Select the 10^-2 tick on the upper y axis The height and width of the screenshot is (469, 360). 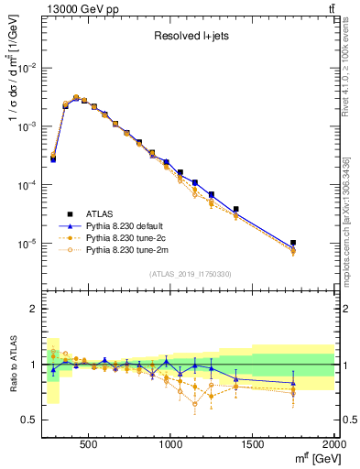[27, 68]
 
